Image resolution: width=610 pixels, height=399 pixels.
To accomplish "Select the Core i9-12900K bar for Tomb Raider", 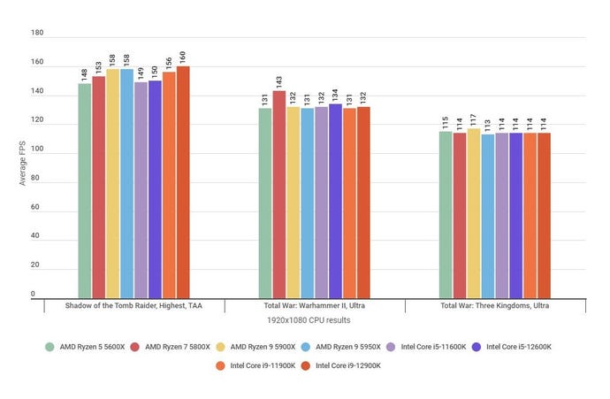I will (183, 182).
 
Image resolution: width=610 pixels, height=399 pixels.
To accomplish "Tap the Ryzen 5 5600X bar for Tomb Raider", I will (84, 190).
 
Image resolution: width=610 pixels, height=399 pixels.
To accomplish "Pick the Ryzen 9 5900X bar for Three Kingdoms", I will (474, 213).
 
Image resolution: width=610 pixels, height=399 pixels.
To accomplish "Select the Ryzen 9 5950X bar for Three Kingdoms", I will (488, 216).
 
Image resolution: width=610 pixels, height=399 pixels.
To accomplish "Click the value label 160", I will (183, 56).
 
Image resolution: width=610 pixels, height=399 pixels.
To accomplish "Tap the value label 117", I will (474, 119).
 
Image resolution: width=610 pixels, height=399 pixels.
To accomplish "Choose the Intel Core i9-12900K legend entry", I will (339, 364).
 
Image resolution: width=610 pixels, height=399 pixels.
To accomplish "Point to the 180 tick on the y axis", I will (37, 33).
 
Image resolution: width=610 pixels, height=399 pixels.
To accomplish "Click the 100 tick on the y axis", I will (37, 150).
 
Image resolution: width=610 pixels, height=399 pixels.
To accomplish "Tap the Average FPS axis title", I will (24, 164).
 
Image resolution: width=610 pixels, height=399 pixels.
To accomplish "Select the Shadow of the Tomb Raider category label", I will (133, 305).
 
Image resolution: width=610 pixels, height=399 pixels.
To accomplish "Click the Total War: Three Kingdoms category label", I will (495, 305).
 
